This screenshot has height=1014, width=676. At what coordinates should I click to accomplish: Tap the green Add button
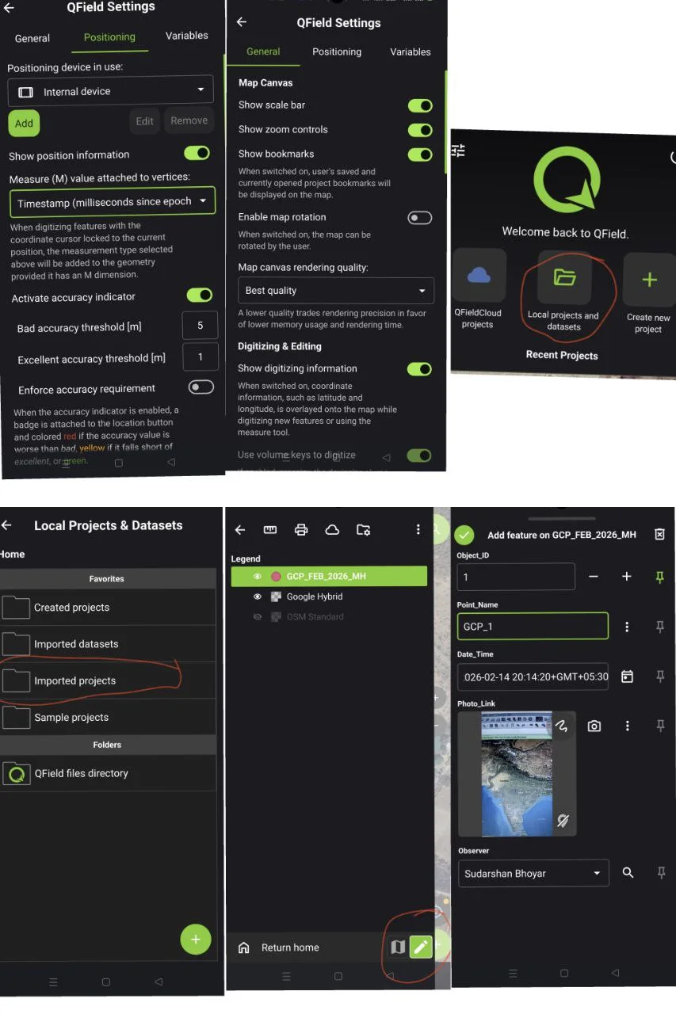[24, 123]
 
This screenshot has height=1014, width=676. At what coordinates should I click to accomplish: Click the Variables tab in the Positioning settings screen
[187, 36]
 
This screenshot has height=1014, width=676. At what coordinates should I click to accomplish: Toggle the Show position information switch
[197, 153]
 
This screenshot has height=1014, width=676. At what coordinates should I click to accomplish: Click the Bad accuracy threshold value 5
[200, 325]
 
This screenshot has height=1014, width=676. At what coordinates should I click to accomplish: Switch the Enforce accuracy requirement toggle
[201, 387]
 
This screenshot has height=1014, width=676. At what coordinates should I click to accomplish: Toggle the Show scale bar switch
[420, 105]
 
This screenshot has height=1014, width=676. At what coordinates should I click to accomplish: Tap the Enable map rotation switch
[420, 218]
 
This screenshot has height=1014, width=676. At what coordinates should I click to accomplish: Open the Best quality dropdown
[336, 291]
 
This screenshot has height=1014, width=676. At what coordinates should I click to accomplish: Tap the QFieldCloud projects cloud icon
[479, 276]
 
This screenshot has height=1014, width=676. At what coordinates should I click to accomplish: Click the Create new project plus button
[649, 280]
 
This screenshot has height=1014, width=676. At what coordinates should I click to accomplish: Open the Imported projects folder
[75, 680]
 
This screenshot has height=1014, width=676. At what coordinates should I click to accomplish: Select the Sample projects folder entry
[71, 717]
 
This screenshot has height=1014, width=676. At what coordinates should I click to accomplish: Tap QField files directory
[81, 773]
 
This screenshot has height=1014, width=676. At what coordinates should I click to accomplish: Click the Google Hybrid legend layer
[315, 597]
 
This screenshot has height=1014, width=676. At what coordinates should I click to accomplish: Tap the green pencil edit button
[421, 946]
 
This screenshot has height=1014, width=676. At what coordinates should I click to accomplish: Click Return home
[290, 947]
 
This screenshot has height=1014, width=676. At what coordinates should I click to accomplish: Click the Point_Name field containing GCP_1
[533, 626]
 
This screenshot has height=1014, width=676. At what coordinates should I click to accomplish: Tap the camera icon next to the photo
[594, 726]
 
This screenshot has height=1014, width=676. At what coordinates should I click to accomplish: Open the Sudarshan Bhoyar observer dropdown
[533, 873]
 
